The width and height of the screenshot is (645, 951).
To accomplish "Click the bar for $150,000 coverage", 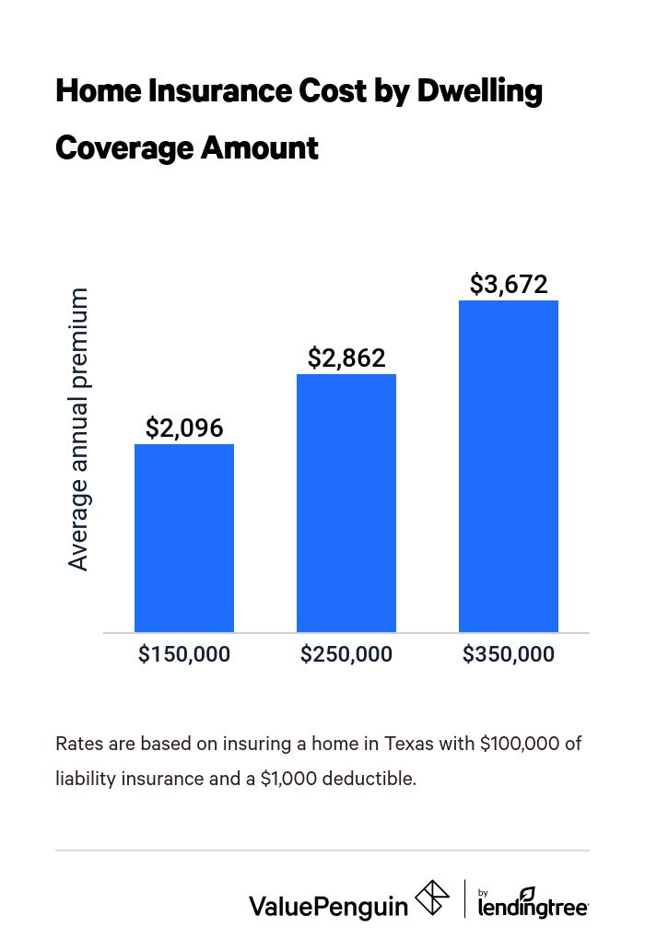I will [184, 538].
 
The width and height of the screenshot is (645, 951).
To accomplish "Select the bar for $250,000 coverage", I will [346, 503].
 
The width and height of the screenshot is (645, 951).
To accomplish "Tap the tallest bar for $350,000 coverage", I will [509, 466].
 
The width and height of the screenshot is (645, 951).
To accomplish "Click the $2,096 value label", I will [184, 429].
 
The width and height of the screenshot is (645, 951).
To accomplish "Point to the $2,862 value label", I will [346, 358].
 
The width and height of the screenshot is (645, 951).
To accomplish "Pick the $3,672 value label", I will [509, 285].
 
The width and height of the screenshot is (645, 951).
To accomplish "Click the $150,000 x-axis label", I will [184, 655].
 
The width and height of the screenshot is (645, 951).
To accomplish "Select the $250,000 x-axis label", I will [346, 655].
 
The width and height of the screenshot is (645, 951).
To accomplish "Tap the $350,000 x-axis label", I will [509, 655].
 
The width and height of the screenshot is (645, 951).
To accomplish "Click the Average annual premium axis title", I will [79, 429].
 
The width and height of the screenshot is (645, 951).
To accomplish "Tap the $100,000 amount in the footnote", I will [522, 744].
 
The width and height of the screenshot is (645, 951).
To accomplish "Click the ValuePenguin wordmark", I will [328, 906].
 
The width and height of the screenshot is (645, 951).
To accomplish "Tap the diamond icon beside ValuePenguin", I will [432, 898].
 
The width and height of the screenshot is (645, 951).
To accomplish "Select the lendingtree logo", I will [534, 903].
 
